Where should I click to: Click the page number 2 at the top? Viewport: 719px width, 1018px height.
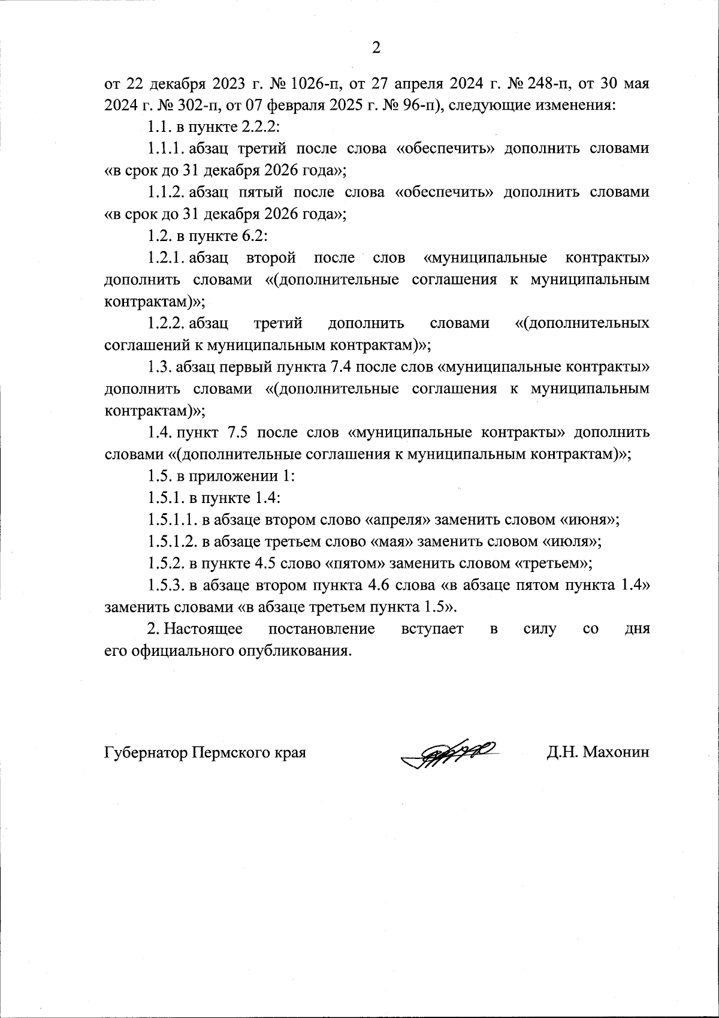click(x=376, y=49)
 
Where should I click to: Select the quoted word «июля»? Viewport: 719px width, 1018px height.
click(x=569, y=542)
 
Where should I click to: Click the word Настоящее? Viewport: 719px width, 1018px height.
click(x=203, y=629)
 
